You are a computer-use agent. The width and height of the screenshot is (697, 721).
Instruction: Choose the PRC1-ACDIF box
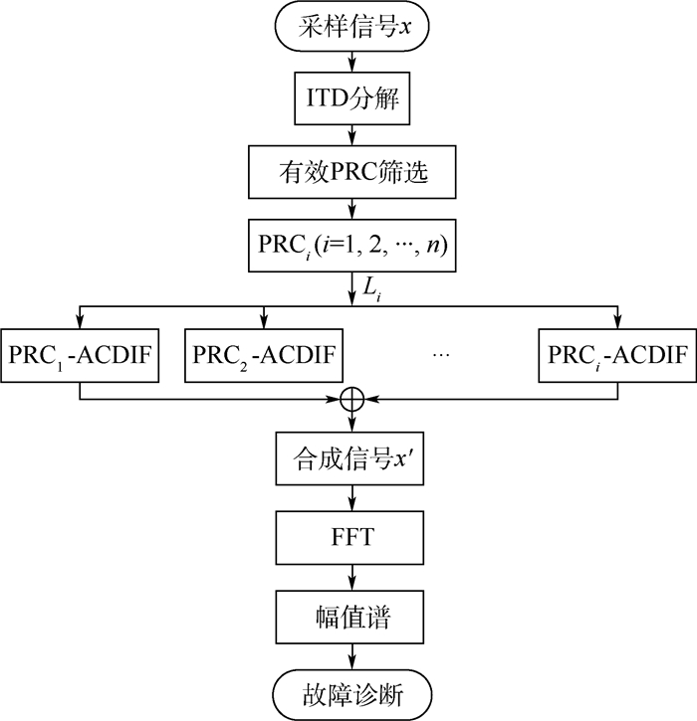(80, 352)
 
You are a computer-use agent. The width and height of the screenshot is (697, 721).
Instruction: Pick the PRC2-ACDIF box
(263, 352)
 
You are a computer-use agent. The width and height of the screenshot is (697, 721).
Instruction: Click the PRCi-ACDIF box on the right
(616, 352)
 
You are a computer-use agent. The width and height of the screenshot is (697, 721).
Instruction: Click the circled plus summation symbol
(350, 399)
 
